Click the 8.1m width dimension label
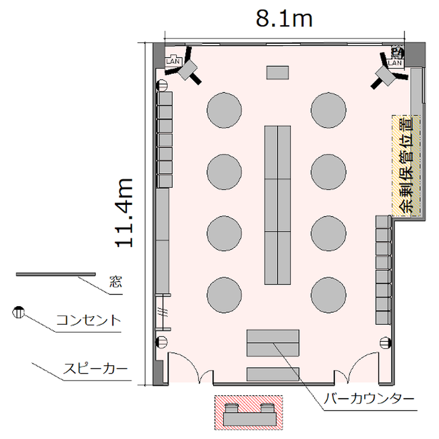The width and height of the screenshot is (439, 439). (284, 19)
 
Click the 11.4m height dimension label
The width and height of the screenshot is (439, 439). (124, 213)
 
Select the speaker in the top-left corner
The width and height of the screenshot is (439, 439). (187, 69)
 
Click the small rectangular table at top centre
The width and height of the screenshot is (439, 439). (277, 73)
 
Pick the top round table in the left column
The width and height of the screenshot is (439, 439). (224, 110)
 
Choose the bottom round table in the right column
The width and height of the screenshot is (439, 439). (328, 295)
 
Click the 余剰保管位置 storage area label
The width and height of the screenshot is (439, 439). (407, 165)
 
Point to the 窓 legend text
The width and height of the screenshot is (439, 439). (116, 282)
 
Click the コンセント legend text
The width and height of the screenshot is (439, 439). (88, 320)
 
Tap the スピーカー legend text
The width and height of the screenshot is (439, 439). (95, 369)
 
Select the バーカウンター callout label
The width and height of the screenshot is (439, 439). (369, 399)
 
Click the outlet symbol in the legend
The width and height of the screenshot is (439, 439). (19, 312)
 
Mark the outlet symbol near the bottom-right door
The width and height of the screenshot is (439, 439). (386, 342)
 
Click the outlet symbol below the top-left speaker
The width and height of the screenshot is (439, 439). (162, 85)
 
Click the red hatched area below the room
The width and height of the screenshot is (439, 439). (249, 413)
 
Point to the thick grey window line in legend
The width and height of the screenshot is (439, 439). (56, 275)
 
